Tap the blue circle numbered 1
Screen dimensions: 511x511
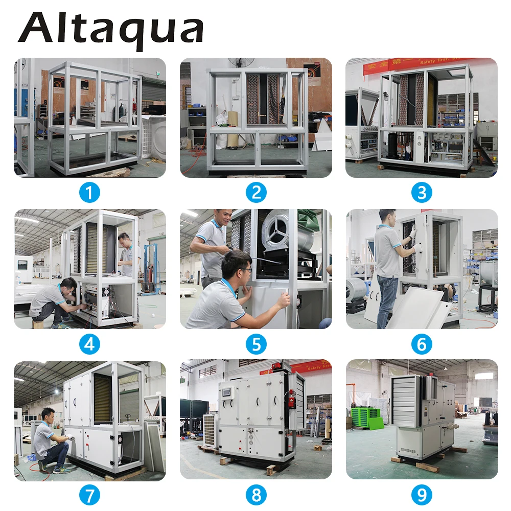pos(89,193)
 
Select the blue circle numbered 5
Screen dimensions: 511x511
pos(255,344)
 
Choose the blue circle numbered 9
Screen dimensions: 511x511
pos(422,495)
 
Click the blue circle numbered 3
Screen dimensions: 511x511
pos(422,193)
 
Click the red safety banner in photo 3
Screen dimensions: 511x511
pos(388,66)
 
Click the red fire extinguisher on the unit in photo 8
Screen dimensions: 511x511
pos(292,399)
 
